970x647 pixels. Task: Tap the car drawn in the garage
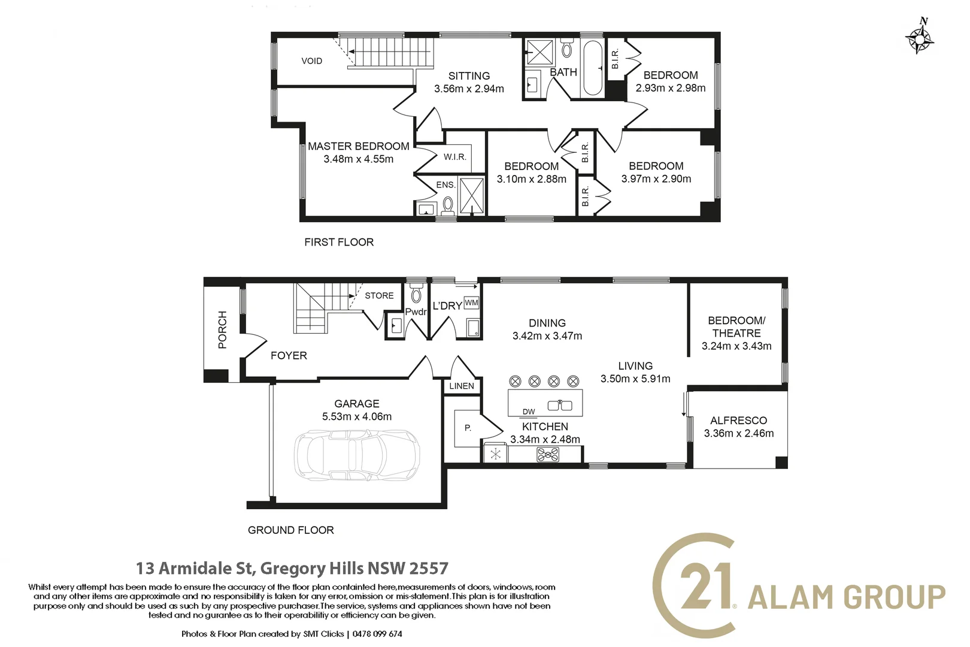357,455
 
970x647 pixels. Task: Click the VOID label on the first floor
312,61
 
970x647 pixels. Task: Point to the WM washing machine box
471,303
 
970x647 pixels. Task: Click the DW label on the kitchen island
529,412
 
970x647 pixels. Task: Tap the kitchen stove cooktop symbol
548,455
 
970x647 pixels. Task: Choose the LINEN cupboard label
462,386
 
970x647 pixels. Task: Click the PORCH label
222,329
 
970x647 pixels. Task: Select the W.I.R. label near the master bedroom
454,158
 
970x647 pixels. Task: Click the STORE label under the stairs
380,295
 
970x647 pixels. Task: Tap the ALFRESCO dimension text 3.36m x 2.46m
739,433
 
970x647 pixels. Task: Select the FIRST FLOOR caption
339,242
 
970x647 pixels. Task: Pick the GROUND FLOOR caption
290,530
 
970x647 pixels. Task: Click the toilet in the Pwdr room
416,293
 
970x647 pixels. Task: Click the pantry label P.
468,428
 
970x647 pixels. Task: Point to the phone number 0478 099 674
377,634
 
